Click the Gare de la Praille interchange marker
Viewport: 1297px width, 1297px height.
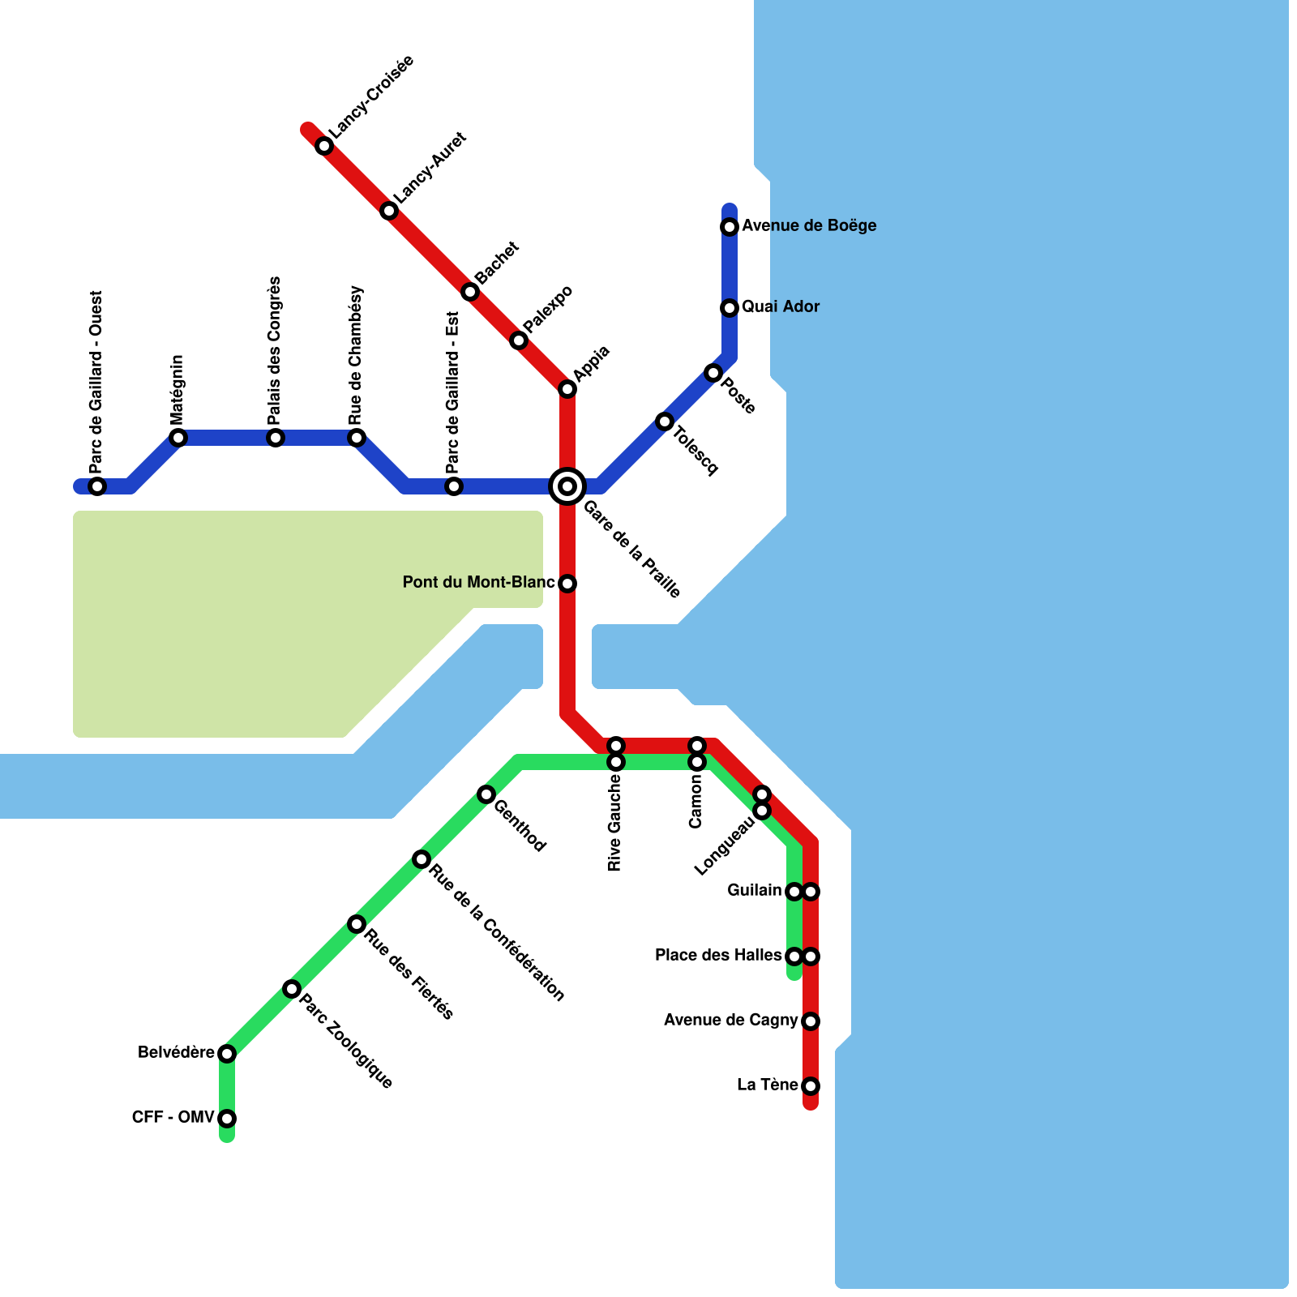[x=567, y=486]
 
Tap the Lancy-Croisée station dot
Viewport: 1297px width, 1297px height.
[x=324, y=146]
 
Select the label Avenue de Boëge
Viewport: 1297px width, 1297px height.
[x=809, y=225]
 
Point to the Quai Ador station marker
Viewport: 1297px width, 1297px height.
[x=730, y=308]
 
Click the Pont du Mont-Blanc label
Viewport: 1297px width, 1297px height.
[x=478, y=582]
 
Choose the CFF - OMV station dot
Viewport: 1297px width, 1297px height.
[x=227, y=1119]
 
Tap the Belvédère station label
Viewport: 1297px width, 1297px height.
[x=176, y=1052]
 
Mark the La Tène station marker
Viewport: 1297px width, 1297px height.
[x=811, y=1086]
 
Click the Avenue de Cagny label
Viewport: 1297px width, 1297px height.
[x=730, y=1020]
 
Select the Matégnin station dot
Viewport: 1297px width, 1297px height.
[x=178, y=438]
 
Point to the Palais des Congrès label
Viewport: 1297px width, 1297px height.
[x=275, y=350]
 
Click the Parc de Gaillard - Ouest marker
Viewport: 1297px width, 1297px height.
[x=97, y=486]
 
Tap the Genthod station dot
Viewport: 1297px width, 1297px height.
[x=486, y=794]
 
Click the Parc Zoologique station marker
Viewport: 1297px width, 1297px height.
[x=292, y=989]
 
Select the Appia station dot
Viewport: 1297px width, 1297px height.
[x=567, y=389]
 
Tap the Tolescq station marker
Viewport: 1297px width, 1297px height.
[x=665, y=422]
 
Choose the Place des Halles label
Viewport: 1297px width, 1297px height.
[x=717, y=955]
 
